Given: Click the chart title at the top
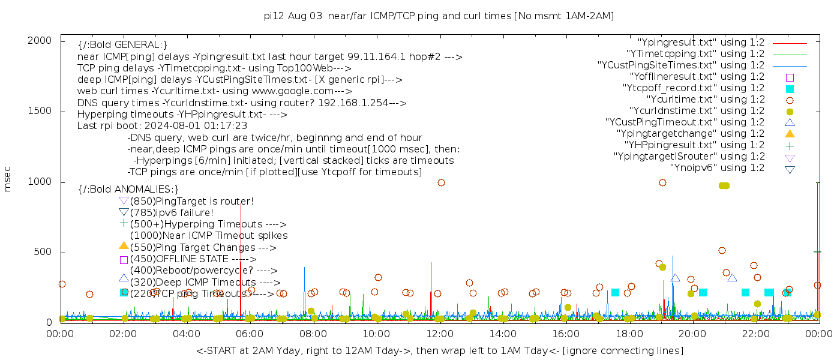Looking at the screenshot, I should point(439,16).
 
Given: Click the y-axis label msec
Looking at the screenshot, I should point(8,179).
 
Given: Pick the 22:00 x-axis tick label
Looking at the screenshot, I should point(755,334).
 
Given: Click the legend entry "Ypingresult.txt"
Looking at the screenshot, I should point(701,43).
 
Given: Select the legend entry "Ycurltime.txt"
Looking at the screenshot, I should point(705,100).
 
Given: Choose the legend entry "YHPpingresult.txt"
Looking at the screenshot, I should point(694,145).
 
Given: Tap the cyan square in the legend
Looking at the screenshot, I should point(790,89).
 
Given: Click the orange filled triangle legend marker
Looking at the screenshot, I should point(790,134).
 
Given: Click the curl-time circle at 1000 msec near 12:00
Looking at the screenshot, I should point(441,183).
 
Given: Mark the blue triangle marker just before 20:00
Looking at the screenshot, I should point(675,278).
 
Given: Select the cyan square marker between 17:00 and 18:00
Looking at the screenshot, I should point(615,293).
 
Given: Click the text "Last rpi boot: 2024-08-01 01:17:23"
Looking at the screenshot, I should point(162,126).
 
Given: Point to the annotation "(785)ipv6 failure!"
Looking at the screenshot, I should point(172,213).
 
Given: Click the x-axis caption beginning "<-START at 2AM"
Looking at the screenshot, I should point(439,350).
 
